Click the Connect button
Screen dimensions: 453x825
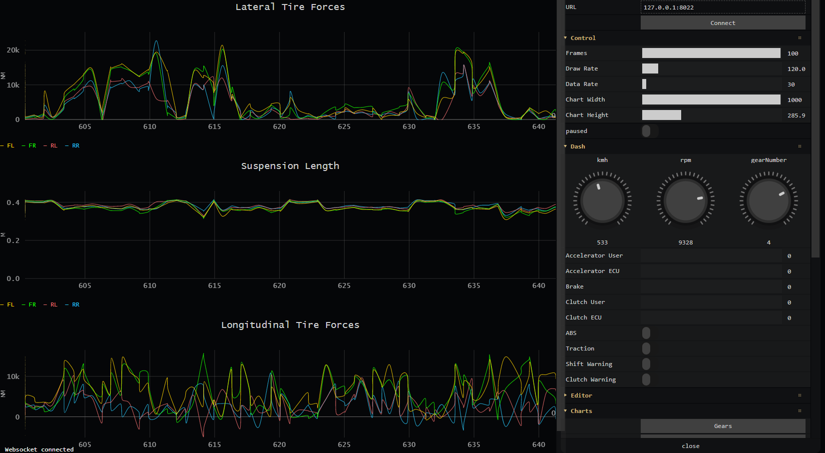(x=723, y=22)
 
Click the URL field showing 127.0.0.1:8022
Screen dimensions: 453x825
(x=723, y=7)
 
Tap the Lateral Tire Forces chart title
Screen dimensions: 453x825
(x=290, y=7)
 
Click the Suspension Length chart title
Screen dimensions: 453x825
(x=290, y=166)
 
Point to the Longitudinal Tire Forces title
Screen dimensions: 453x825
(x=290, y=325)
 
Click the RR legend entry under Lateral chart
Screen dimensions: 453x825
(x=75, y=146)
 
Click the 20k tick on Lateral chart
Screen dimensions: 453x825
(x=13, y=50)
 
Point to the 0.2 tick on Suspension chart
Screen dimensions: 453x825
(x=13, y=240)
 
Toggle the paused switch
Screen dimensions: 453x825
(x=646, y=131)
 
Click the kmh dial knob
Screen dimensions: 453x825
(x=602, y=200)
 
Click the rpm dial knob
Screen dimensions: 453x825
(x=686, y=200)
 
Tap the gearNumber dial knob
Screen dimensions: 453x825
(x=769, y=200)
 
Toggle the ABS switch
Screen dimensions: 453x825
(x=646, y=333)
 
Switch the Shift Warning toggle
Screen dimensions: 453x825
(x=646, y=364)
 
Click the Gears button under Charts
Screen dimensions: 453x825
(x=723, y=426)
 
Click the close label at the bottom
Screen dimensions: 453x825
(x=691, y=446)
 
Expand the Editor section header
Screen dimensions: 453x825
(x=581, y=395)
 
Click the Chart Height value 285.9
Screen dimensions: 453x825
(x=796, y=115)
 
